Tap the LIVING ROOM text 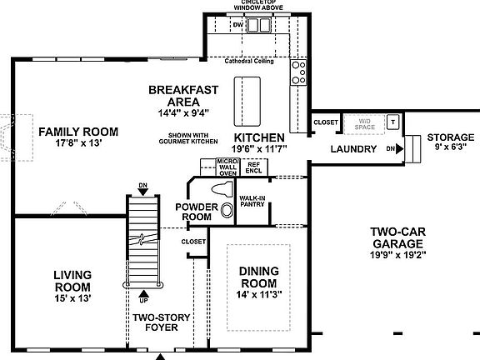[x=72, y=281]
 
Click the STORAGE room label [x=450, y=137]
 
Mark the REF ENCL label [x=253, y=167]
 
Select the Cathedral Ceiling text [x=249, y=61]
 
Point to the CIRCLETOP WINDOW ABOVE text [x=247, y=4]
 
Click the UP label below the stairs [x=145, y=298]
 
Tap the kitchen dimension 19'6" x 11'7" [x=259, y=147]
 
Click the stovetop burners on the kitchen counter [x=297, y=72]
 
